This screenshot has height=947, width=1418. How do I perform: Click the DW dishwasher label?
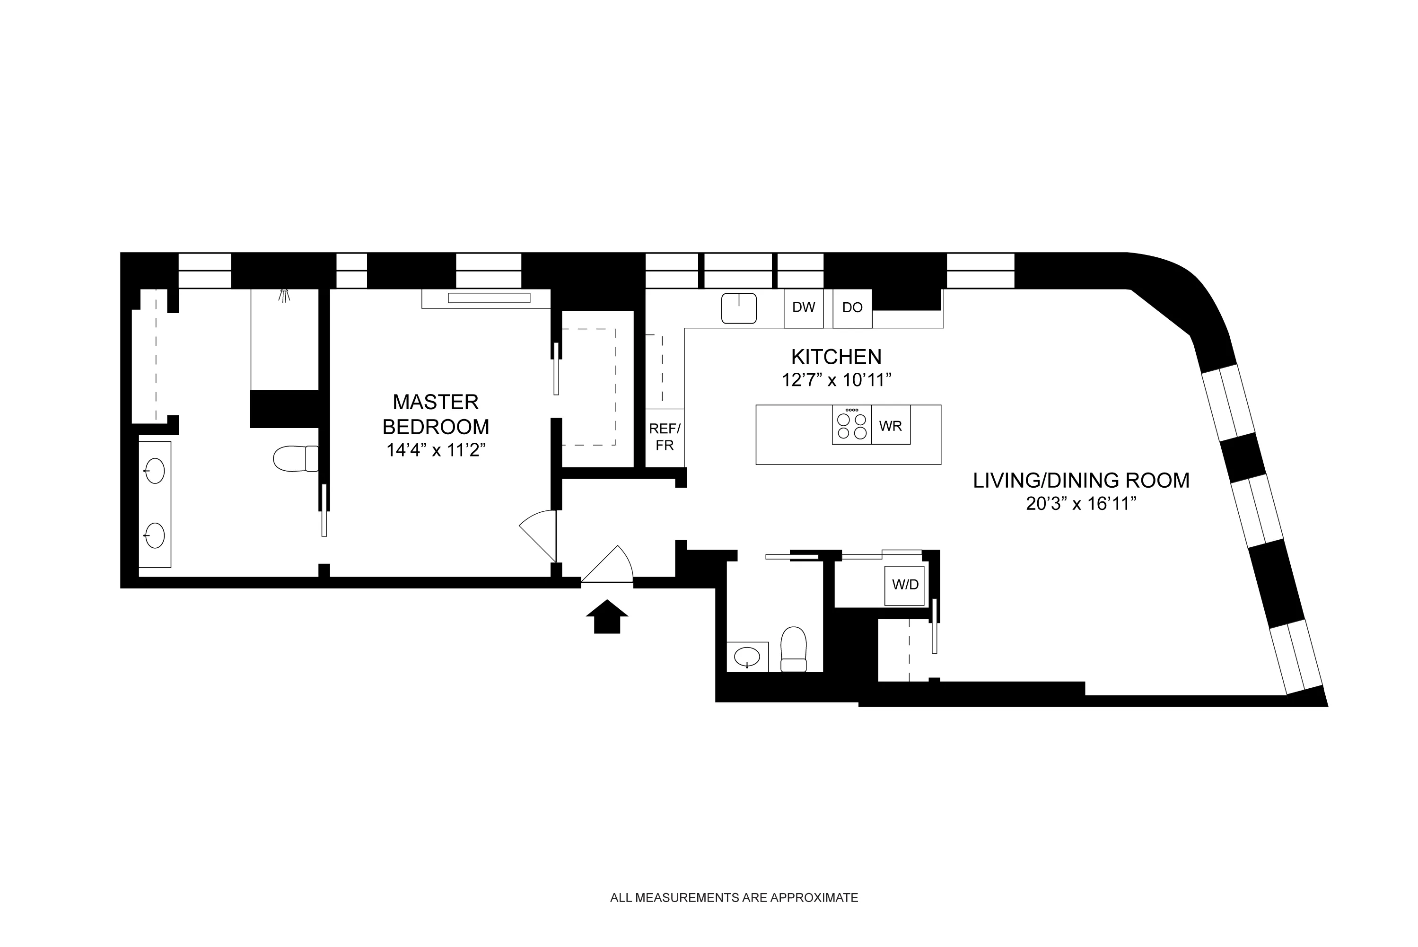pos(803,307)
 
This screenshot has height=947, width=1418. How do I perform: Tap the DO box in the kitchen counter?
pos(852,308)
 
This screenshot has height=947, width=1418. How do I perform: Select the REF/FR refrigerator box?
pos(665,437)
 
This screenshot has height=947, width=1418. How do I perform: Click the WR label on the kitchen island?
pos(891,426)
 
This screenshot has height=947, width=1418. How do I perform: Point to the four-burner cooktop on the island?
pos(851,425)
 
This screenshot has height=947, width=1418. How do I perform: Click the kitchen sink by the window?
pos(739,308)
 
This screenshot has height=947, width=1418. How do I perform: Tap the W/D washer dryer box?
pos(905,585)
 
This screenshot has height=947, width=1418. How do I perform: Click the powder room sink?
pos(747,656)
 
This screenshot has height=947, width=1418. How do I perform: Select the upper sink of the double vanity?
pos(155,471)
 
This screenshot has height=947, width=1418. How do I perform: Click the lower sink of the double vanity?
pos(155,535)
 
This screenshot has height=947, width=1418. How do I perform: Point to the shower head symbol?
pos(284,296)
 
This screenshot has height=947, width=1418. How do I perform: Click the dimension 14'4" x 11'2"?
pos(436,450)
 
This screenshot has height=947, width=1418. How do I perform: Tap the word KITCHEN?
pos(836,357)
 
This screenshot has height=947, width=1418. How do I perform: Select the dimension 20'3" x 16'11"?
pos(1081,504)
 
